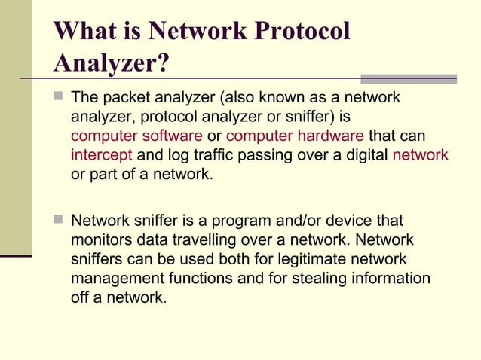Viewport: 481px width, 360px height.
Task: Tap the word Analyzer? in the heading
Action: (x=111, y=64)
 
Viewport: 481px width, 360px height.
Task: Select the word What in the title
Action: (x=83, y=31)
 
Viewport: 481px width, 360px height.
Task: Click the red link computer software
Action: (x=136, y=136)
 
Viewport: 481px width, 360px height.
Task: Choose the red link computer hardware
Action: (x=296, y=136)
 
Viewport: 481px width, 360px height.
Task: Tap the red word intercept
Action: (x=102, y=156)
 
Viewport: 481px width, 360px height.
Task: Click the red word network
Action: (x=421, y=156)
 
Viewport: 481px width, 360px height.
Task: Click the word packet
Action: (x=121, y=98)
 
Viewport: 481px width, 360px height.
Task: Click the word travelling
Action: (x=185, y=241)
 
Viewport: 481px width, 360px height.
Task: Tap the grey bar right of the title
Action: (x=408, y=78)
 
